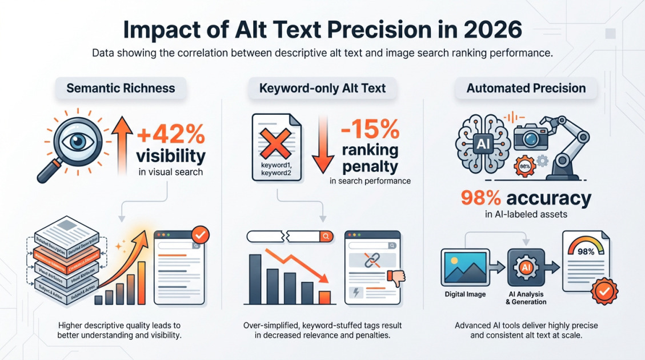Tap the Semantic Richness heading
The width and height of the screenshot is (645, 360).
(121, 88)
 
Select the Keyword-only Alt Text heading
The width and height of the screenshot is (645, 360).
(323, 88)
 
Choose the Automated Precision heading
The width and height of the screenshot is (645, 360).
(526, 88)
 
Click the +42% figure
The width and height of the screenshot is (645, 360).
(171, 135)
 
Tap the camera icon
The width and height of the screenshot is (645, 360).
(531, 138)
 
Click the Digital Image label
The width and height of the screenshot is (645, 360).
(465, 294)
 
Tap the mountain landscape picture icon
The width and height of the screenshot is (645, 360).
(465, 267)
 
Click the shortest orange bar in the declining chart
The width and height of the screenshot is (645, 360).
(324, 298)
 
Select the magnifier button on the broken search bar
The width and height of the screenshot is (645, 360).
(326, 236)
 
